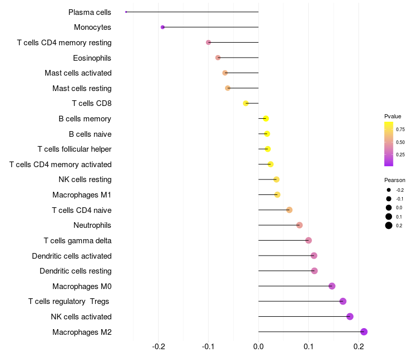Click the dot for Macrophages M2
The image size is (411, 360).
[x=364, y=332]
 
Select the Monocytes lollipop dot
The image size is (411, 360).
[x=163, y=27]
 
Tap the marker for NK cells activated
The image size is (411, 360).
[x=350, y=316]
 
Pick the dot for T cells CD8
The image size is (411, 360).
[x=246, y=103]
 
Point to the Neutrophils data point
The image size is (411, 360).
[x=300, y=225]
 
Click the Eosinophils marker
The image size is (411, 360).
[x=218, y=58]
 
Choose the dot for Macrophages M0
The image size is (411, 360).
[x=332, y=286]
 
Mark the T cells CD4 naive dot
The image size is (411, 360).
[x=289, y=210]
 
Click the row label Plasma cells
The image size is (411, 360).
[x=90, y=12]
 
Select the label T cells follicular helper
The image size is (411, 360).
[x=74, y=149]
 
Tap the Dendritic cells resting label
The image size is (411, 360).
[x=76, y=271]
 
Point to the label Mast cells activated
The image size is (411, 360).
[x=78, y=73]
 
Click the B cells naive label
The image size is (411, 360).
[x=90, y=134]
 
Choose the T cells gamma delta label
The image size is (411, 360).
[x=78, y=240]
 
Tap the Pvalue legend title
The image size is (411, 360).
[x=393, y=116]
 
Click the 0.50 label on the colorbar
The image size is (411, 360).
[x=400, y=142]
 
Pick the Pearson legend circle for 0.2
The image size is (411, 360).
[x=389, y=225]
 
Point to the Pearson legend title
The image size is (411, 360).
[x=395, y=180]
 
